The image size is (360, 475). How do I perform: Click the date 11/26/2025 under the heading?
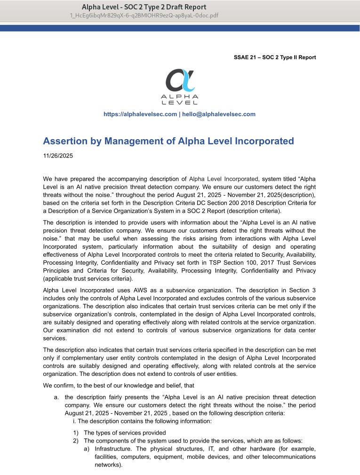[x=58, y=155]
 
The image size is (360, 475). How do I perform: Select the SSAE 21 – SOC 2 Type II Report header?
[x=275, y=57]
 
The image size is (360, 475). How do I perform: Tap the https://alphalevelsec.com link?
[x=140, y=114]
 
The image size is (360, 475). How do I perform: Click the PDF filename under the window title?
[x=144, y=15]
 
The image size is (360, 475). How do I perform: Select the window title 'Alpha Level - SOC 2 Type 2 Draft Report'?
[x=144, y=7]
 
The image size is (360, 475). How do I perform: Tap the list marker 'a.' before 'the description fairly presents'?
[x=56, y=397]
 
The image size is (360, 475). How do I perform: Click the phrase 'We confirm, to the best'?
[x=78, y=385]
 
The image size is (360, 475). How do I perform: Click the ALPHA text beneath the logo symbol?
[x=180, y=96]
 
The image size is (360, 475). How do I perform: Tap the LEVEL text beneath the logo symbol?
[x=180, y=103]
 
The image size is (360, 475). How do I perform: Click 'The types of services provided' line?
[x=125, y=433]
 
